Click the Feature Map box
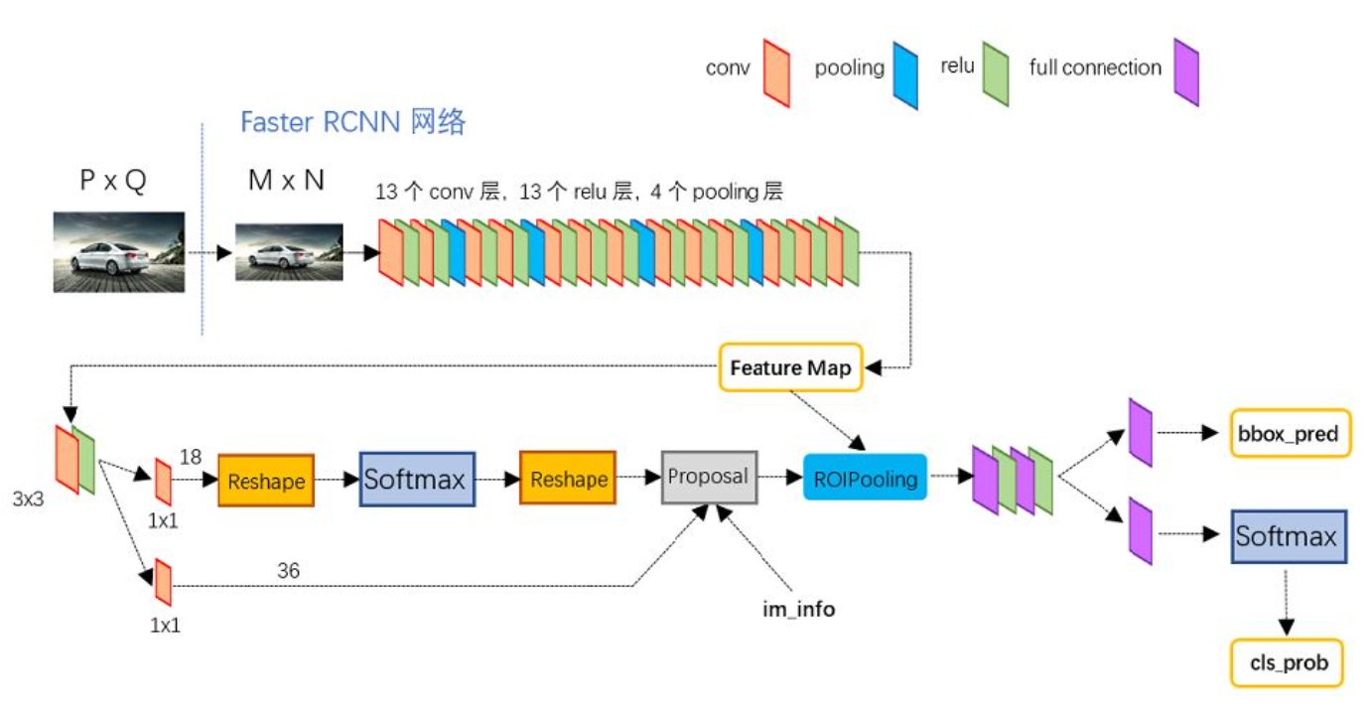pyautogui.click(x=790, y=367)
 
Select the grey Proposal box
pyautogui.click(x=709, y=477)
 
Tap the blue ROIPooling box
pyautogui.click(x=864, y=479)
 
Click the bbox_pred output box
pyautogui.click(x=1290, y=433)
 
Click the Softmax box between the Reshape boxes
pyautogui.click(x=417, y=480)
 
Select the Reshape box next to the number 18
pyautogui.click(x=266, y=480)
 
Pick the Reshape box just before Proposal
pyautogui.click(x=568, y=480)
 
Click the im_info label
pyautogui.click(x=798, y=610)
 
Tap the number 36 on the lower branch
pyautogui.click(x=288, y=571)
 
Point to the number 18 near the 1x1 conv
pyautogui.click(x=191, y=456)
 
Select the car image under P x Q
pyautogui.click(x=118, y=252)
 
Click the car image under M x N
pyautogui.click(x=288, y=252)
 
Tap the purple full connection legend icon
pyautogui.click(x=1185, y=71)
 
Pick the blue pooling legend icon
pyautogui.click(x=904, y=74)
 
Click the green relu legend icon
pyautogui.click(x=995, y=71)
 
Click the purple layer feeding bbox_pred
pyautogui.click(x=1140, y=433)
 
